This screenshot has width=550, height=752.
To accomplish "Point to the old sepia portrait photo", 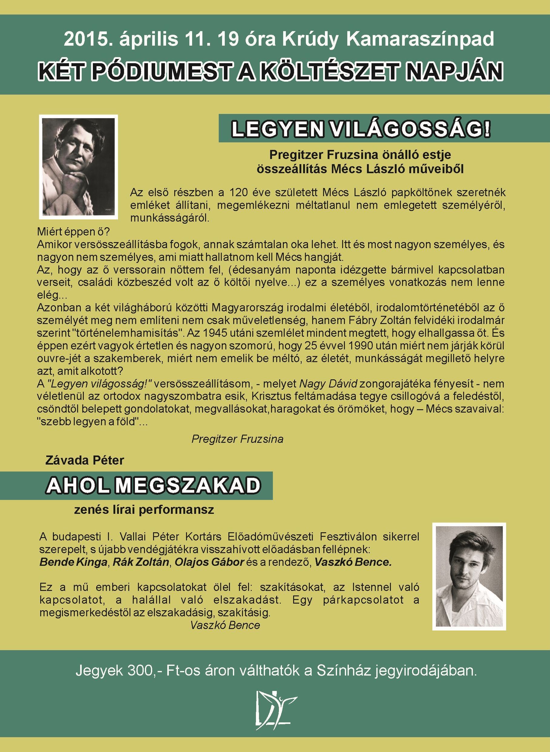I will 79,167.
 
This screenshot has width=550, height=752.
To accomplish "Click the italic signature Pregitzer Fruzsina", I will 237,439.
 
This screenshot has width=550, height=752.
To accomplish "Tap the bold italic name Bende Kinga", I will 73,562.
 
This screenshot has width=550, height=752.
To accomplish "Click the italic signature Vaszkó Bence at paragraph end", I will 225,625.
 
